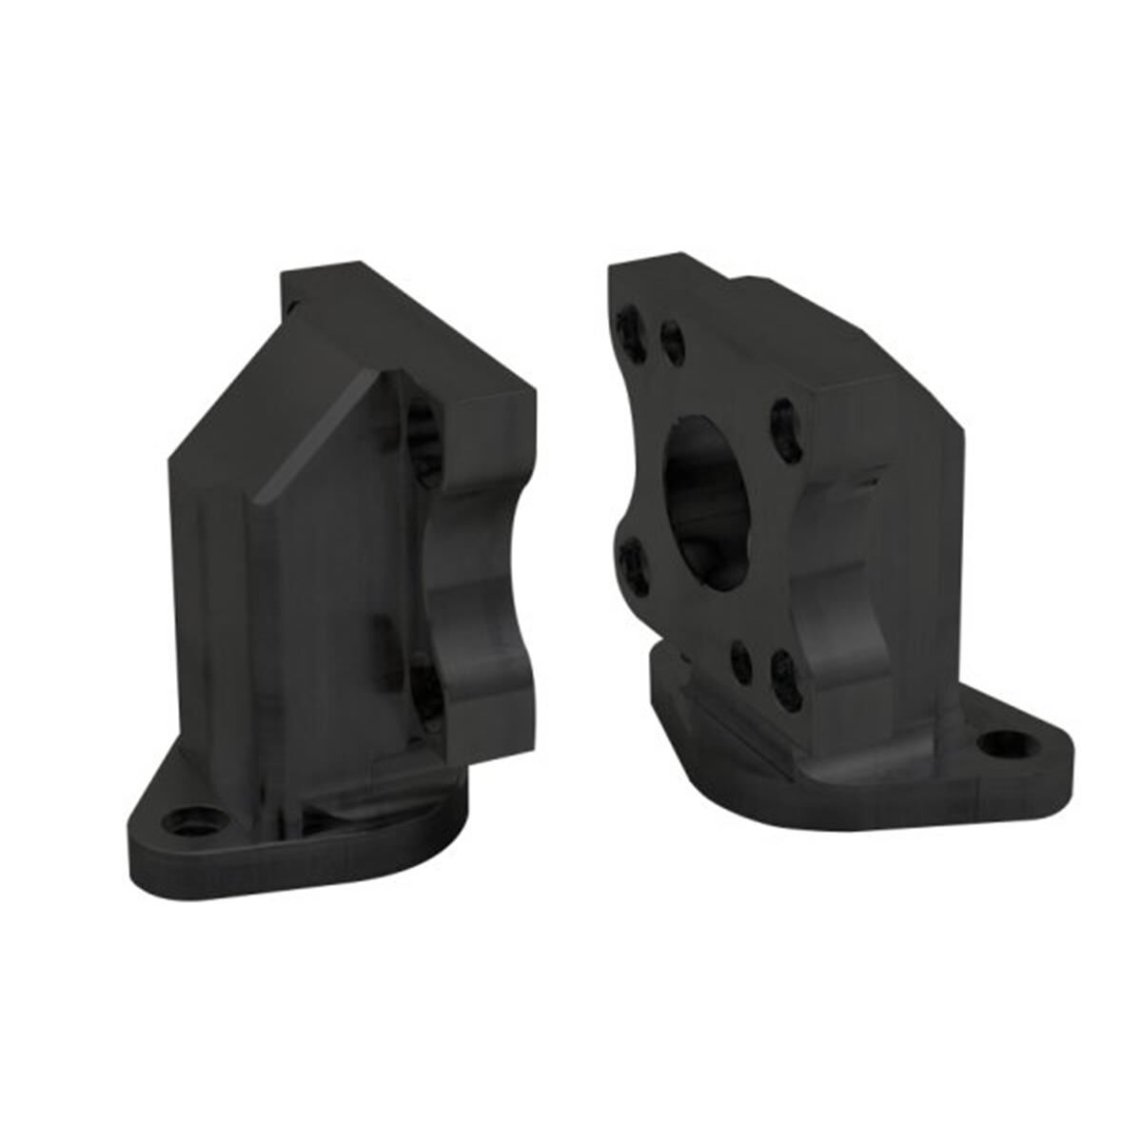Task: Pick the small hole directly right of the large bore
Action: coord(782,419)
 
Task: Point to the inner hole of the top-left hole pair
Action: coord(672,340)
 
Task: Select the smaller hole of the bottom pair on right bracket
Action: coord(739,656)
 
